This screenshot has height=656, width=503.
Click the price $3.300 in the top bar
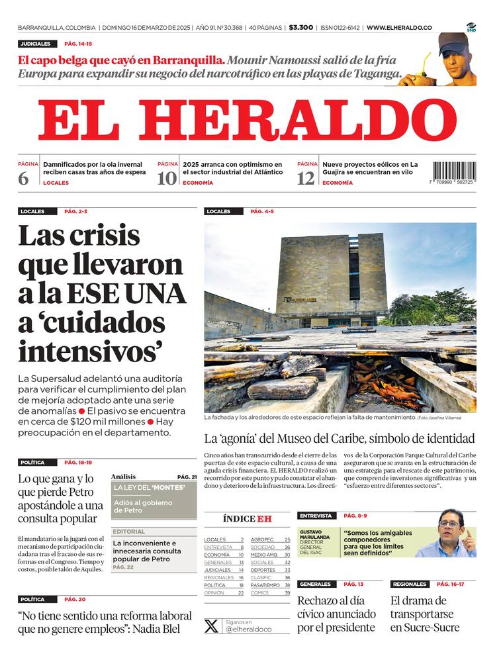tap(301, 28)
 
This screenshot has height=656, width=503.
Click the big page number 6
tap(24, 178)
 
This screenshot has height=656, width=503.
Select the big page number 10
tap(167, 178)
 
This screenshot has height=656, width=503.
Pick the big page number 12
tap(306, 178)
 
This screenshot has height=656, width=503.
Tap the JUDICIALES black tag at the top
tap(35, 44)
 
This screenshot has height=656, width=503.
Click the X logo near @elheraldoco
tap(211, 626)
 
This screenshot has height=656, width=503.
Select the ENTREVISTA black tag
tap(316, 516)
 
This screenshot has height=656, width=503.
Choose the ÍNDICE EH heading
tap(247, 519)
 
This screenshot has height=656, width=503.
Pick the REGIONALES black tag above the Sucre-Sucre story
tap(409, 585)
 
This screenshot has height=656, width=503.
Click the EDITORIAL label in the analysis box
tap(128, 532)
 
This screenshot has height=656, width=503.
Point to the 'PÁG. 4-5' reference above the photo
tap(262, 212)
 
